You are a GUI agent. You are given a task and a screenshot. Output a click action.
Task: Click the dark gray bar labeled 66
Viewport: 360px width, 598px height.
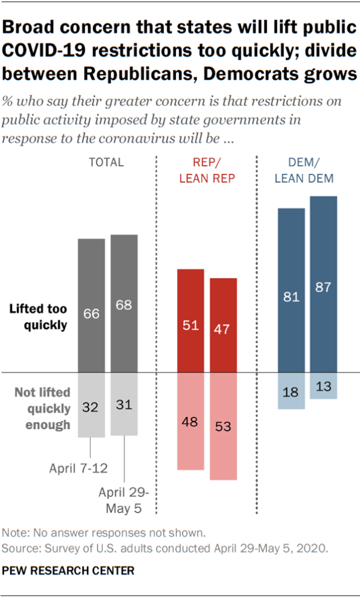point(92,305)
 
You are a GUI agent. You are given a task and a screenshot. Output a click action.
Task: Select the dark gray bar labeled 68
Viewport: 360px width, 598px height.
point(124,303)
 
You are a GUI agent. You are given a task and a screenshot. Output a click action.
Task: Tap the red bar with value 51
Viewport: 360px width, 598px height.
point(191,320)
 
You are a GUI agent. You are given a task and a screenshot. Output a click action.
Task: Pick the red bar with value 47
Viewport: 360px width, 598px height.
point(223,325)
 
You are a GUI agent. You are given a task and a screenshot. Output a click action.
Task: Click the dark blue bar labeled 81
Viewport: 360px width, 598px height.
point(291,290)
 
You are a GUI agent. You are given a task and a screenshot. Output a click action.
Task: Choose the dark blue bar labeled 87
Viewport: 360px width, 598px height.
point(323,284)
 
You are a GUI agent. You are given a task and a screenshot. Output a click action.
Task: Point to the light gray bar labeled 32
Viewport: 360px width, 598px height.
point(92,405)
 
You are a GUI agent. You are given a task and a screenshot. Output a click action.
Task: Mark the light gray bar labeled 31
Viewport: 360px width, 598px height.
point(124,404)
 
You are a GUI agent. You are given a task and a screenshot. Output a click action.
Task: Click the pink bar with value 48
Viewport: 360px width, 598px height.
point(191,421)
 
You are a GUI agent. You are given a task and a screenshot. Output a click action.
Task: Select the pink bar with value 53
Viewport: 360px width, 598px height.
point(223,426)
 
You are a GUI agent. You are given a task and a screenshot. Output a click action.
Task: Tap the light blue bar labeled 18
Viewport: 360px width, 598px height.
point(291,390)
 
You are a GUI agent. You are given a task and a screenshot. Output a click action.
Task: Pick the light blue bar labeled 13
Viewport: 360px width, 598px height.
point(323,386)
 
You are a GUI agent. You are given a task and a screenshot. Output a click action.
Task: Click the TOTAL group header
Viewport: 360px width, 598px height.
point(106,163)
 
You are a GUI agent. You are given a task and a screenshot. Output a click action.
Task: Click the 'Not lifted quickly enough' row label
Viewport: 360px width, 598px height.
point(42,409)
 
